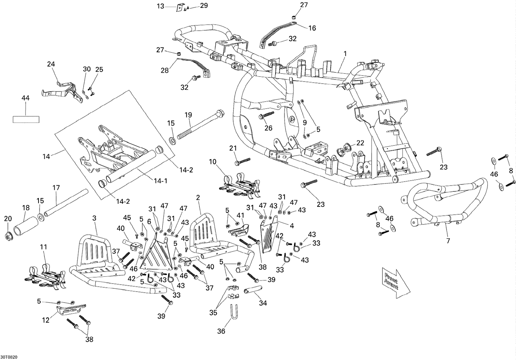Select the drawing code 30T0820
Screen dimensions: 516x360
point(9,357)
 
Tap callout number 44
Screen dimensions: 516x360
point(25,98)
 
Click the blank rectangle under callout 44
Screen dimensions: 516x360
point(26,120)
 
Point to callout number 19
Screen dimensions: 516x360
point(188,115)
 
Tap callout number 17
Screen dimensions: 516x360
point(56,188)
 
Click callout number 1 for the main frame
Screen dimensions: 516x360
point(345,54)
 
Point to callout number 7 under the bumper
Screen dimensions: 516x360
point(448,241)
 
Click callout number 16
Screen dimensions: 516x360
point(312,28)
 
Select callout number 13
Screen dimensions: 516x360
point(160,6)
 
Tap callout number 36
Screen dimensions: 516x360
point(221,331)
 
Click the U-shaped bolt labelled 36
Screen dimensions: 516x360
point(235,312)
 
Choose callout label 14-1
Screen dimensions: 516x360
point(161,181)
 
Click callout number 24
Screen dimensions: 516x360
point(51,64)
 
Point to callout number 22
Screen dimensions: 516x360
point(360,143)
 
